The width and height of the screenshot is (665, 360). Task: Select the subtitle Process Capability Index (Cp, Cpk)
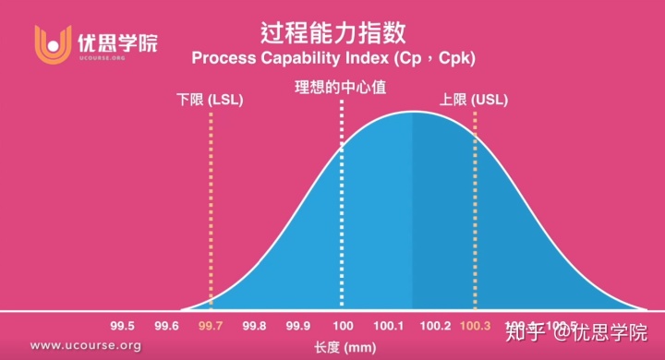[x=332, y=58]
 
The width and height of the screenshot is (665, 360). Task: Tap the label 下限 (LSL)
[x=210, y=99]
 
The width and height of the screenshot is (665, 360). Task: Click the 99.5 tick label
[x=123, y=326]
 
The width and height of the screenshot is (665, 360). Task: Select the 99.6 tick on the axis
[x=166, y=326]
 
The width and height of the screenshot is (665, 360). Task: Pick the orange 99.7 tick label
[x=211, y=326]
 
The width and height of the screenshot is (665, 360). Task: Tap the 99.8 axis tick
[x=254, y=326]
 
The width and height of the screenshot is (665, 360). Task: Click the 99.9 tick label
[x=298, y=326]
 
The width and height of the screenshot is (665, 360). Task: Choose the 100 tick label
[x=343, y=326]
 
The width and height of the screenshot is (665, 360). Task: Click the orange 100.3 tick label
[x=476, y=326]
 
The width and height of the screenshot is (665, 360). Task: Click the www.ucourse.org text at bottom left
[x=85, y=346]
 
